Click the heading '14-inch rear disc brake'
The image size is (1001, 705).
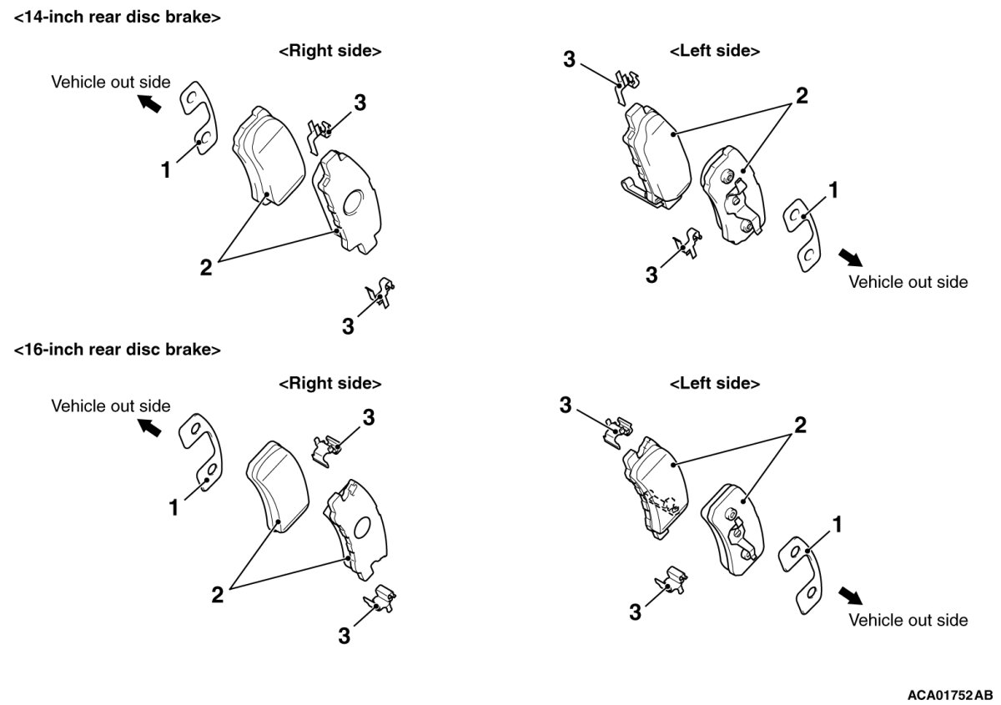click(x=118, y=17)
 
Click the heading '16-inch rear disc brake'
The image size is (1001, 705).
click(x=118, y=350)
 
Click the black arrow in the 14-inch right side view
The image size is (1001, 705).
click(x=150, y=103)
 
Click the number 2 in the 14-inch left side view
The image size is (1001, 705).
click(x=801, y=96)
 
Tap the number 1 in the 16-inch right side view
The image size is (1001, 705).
click(x=174, y=506)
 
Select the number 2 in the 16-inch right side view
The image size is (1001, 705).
click(x=217, y=594)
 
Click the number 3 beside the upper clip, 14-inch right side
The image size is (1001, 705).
click(x=360, y=103)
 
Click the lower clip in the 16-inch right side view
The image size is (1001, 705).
click(x=380, y=599)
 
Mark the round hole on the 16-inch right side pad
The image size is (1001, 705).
click(x=362, y=527)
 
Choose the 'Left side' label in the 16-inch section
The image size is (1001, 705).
click(x=714, y=384)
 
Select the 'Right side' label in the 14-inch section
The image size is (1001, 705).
click(x=329, y=51)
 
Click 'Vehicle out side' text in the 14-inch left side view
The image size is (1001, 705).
click(x=908, y=282)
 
